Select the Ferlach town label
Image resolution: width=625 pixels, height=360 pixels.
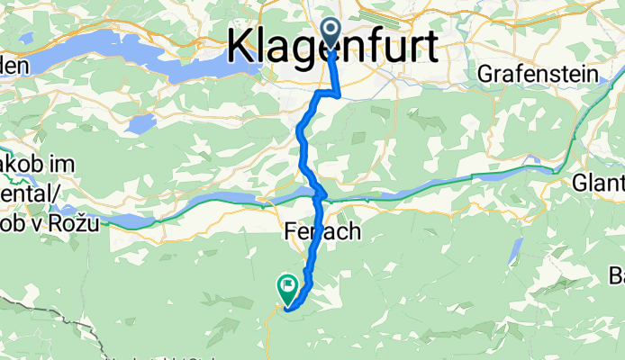coord(322,232)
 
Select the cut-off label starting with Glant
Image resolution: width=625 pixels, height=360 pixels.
coord(598,183)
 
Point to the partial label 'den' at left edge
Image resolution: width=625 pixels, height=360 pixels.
coord(15,65)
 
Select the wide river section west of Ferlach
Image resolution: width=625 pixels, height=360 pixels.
coord(207,207)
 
